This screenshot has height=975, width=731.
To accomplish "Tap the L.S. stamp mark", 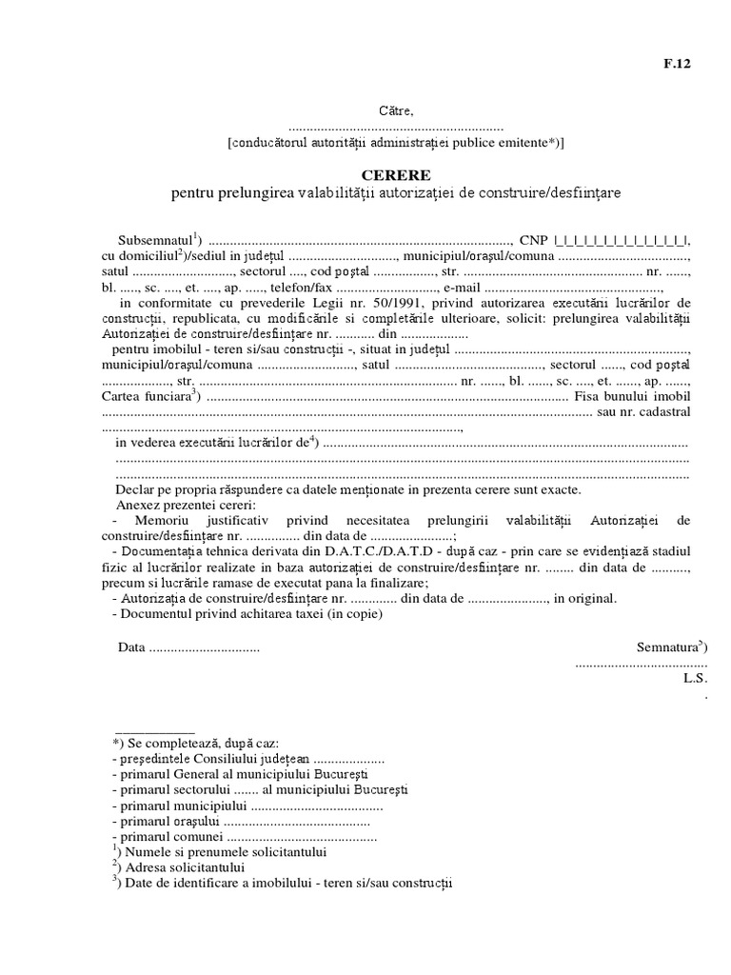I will point(692,679).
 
